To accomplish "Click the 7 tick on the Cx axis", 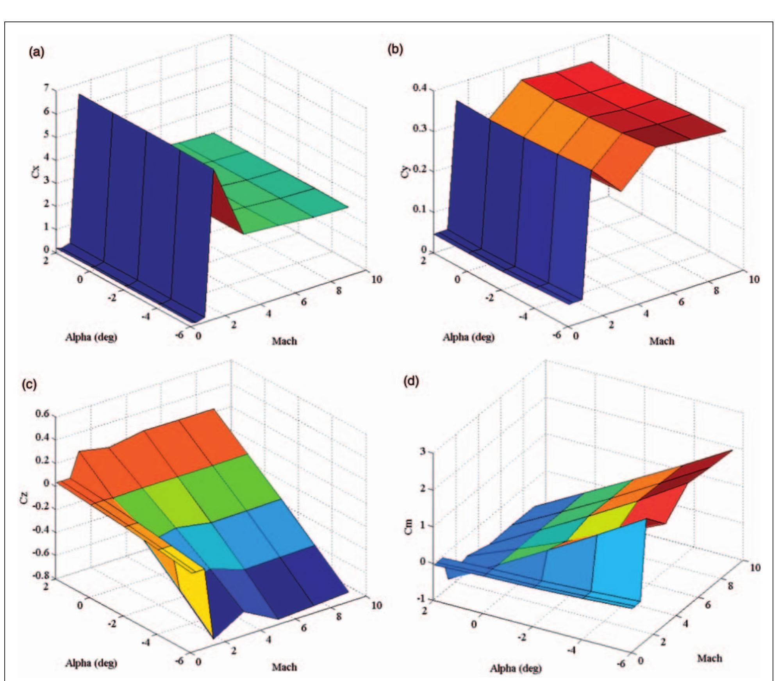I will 50,89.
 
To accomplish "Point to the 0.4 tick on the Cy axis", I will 421,89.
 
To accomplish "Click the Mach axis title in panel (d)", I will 710,658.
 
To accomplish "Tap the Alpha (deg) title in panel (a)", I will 91,337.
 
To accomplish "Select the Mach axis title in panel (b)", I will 662,341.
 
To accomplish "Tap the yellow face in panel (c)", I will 191,597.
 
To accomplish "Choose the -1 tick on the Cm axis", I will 426,599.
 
